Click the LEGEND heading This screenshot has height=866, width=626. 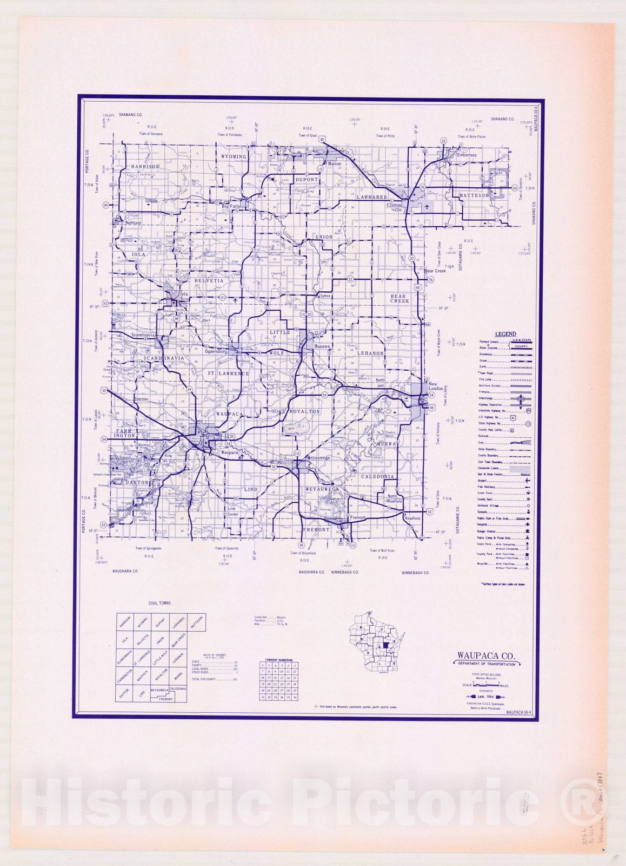tap(505, 334)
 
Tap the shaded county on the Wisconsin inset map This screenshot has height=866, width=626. tap(385, 646)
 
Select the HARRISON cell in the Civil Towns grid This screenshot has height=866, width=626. tap(125, 622)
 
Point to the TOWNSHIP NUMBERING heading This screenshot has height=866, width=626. tap(279, 660)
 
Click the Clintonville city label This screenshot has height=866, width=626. tap(395, 207)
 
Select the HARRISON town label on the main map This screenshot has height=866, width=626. tap(145, 167)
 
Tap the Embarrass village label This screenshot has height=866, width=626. tap(467, 155)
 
